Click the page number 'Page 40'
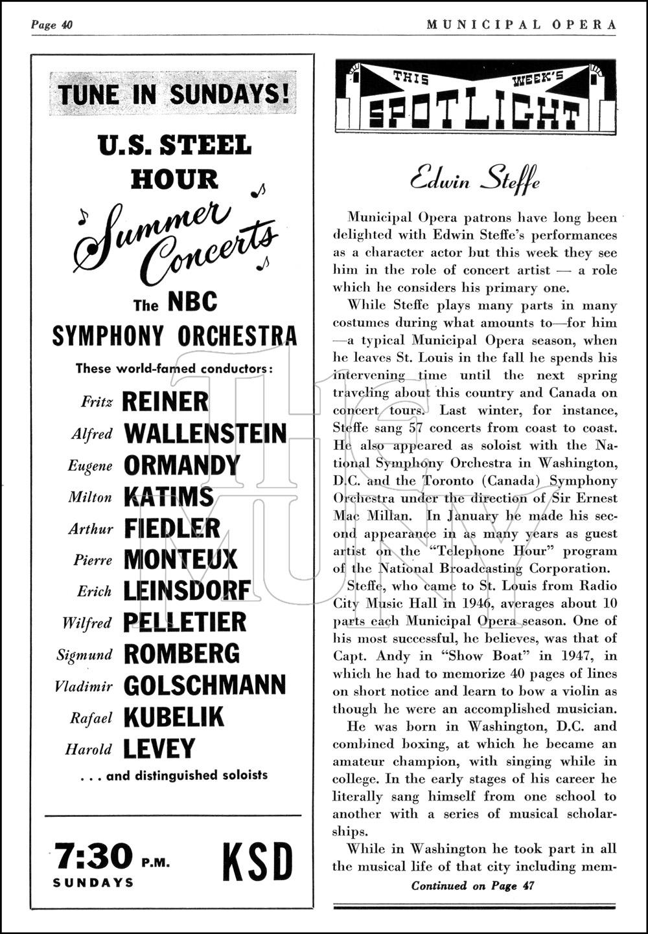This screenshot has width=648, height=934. click(x=52, y=25)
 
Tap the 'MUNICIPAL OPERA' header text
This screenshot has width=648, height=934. click(x=522, y=25)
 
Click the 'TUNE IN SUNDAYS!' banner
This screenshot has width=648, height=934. click(x=173, y=95)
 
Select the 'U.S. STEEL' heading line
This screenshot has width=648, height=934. click(x=174, y=145)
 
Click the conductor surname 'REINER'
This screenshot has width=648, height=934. click(x=165, y=401)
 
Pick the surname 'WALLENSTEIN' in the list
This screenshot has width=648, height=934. click(x=205, y=433)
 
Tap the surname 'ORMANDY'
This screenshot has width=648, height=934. click(x=181, y=465)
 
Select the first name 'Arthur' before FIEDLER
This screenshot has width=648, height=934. click(x=91, y=529)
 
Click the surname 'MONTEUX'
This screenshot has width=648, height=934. click(x=180, y=560)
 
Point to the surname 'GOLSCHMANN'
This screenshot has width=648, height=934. click(x=204, y=685)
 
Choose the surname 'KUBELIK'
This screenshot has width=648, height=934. click(x=173, y=717)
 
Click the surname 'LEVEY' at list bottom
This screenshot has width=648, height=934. click(x=158, y=749)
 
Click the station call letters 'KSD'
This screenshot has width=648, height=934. click(x=257, y=862)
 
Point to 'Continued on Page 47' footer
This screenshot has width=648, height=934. click(x=472, y=886)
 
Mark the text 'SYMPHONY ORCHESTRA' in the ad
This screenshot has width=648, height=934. click(x=174, y=335)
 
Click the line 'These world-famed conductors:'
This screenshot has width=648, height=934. click(x=174, y=368)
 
